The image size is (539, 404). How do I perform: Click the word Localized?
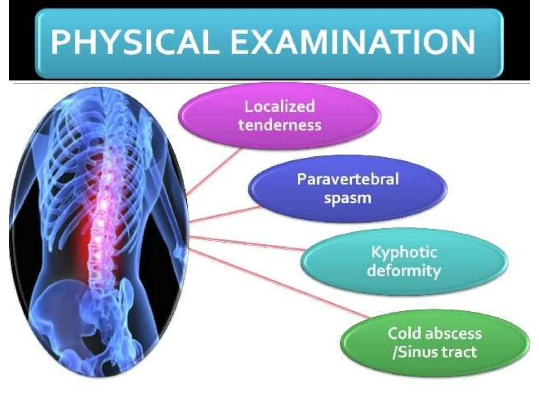point(280,107)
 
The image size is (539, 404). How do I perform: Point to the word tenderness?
point(280,125)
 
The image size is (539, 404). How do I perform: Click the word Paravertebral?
point(348,179)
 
